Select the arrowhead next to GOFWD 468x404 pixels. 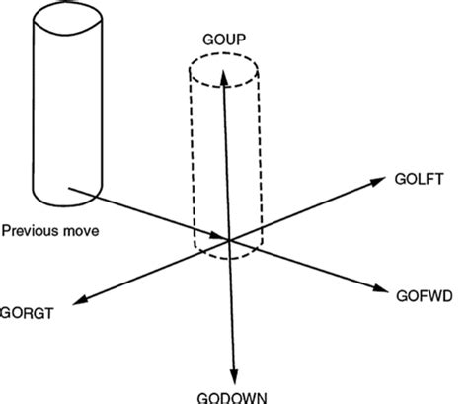pos(383,288)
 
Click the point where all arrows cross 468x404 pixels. pos(229,240)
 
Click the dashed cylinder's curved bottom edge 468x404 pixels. pos(224,259)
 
